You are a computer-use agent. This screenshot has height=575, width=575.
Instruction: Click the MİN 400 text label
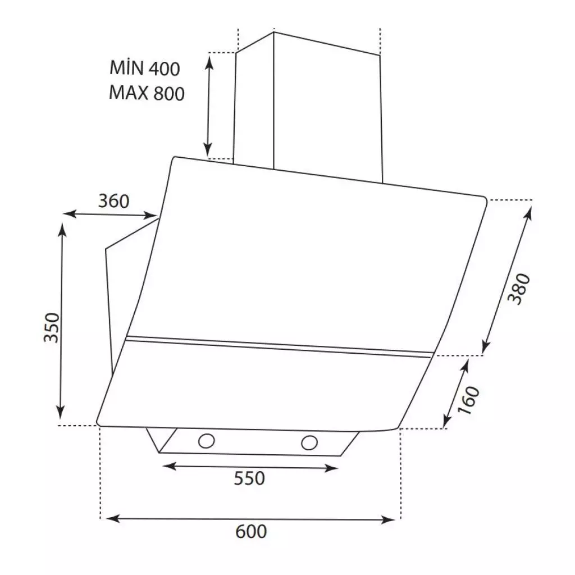(145, 69)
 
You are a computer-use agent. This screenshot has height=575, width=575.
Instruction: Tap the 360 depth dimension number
(114, 200)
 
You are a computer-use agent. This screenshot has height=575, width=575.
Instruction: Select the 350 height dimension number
(52, 327)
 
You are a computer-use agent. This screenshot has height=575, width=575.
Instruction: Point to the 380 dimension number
(518, 289)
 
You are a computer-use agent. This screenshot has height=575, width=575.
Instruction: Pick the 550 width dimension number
(249, 478)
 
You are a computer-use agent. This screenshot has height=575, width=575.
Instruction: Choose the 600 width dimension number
(250, 531)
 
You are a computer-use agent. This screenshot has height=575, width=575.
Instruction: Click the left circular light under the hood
(207, 441)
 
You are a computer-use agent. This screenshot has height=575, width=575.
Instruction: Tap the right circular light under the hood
(308, 442)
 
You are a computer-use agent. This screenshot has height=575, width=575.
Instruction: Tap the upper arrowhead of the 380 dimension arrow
(528, 210)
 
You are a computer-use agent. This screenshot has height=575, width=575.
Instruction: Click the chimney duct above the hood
(309, 107)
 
